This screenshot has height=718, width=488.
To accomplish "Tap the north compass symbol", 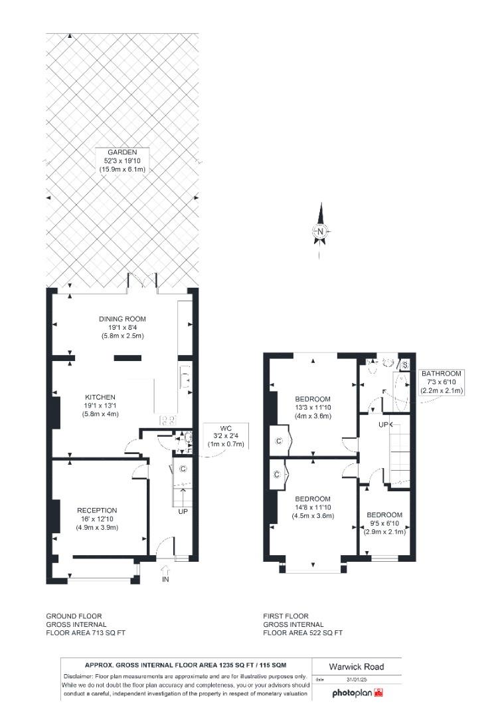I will tap(320, 231).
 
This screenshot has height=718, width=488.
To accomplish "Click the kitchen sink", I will tap(186, 378).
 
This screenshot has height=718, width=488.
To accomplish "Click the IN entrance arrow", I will tap(165, 572).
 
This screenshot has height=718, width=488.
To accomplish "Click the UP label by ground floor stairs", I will tap(183, 513).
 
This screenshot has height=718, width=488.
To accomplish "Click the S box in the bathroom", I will tap(405, 364).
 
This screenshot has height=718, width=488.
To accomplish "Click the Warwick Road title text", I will tap(357, 667).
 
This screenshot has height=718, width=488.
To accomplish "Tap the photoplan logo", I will tap(358, 693).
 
